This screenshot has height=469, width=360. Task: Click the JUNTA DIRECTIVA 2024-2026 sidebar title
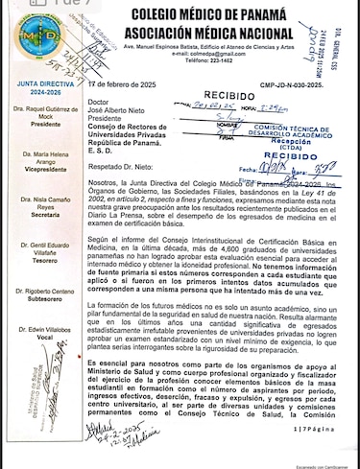32,92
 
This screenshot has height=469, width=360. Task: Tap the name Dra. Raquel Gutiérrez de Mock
34,117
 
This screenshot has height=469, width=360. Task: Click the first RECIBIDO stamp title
227,97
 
